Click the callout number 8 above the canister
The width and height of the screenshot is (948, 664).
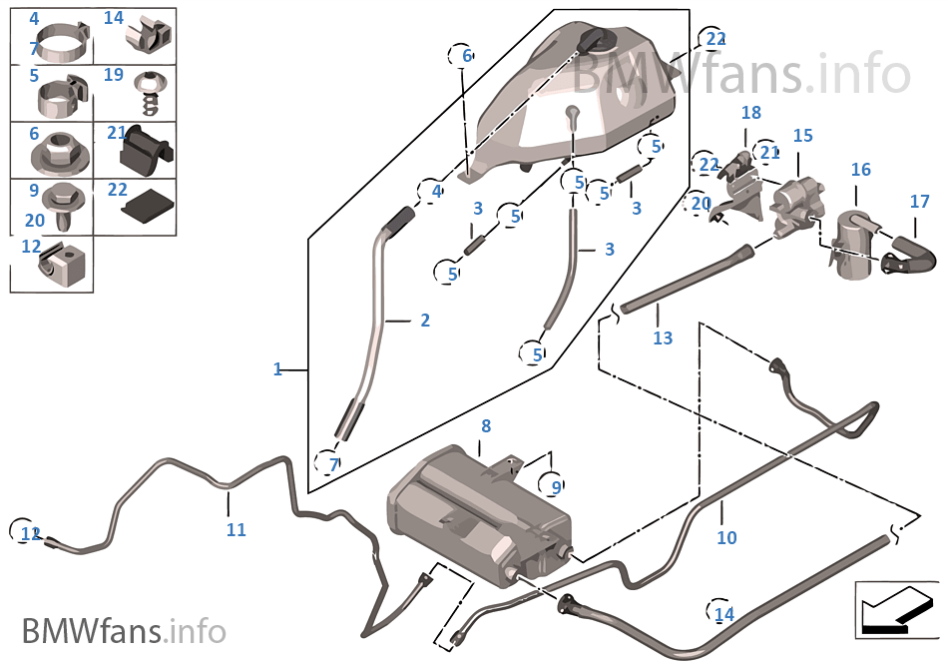tap(486, 426)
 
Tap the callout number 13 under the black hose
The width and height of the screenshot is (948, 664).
tap(663, 338)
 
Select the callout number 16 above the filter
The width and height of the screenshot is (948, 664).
tap(860, 171)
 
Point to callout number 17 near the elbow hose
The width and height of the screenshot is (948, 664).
tap(919, 202)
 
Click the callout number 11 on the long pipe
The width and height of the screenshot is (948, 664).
tap(236, 530)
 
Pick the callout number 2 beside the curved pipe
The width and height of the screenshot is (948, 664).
tap(424, 321)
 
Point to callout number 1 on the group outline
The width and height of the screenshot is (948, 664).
tap(278, 369)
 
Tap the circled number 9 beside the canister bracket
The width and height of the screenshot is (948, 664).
tap(556, 487)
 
